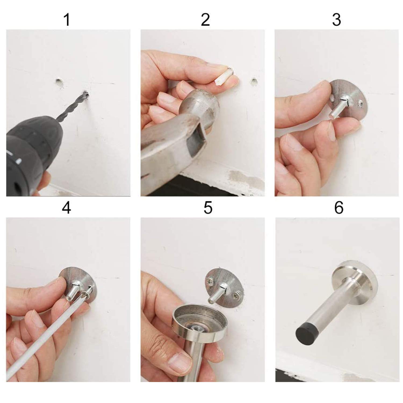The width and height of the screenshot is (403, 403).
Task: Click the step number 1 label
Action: (67, 20)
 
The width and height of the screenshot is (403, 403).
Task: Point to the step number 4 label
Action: (67, 208)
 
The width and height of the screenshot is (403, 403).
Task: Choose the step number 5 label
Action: (208, 208)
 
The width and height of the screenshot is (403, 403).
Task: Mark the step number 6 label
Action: (339, 208)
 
